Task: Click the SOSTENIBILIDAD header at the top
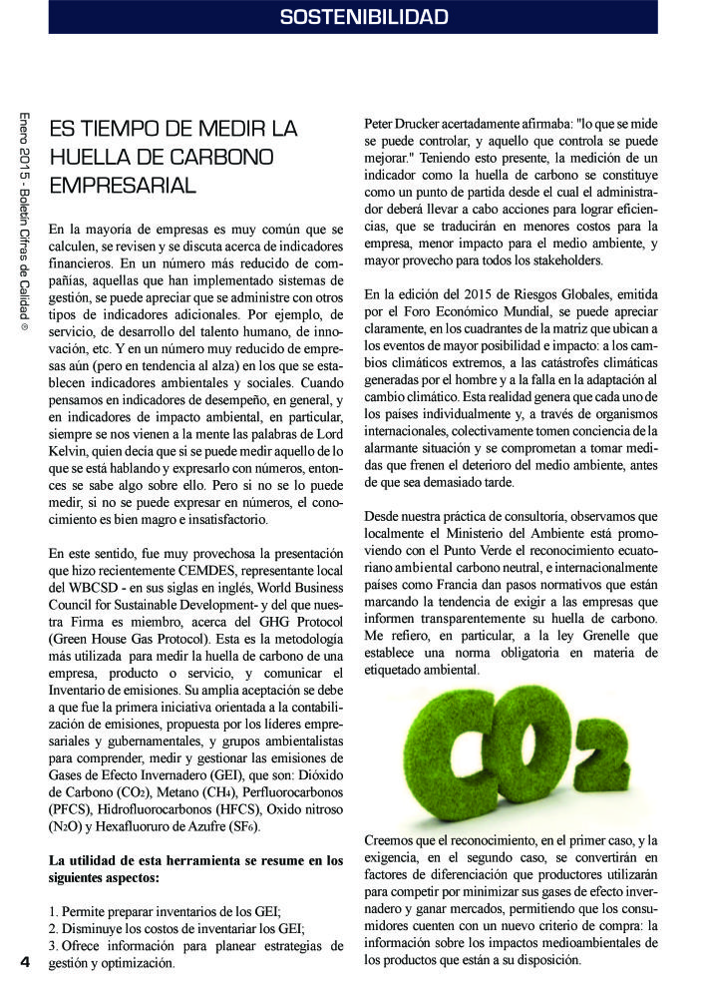pyautogui.click(x=364, y=17)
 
